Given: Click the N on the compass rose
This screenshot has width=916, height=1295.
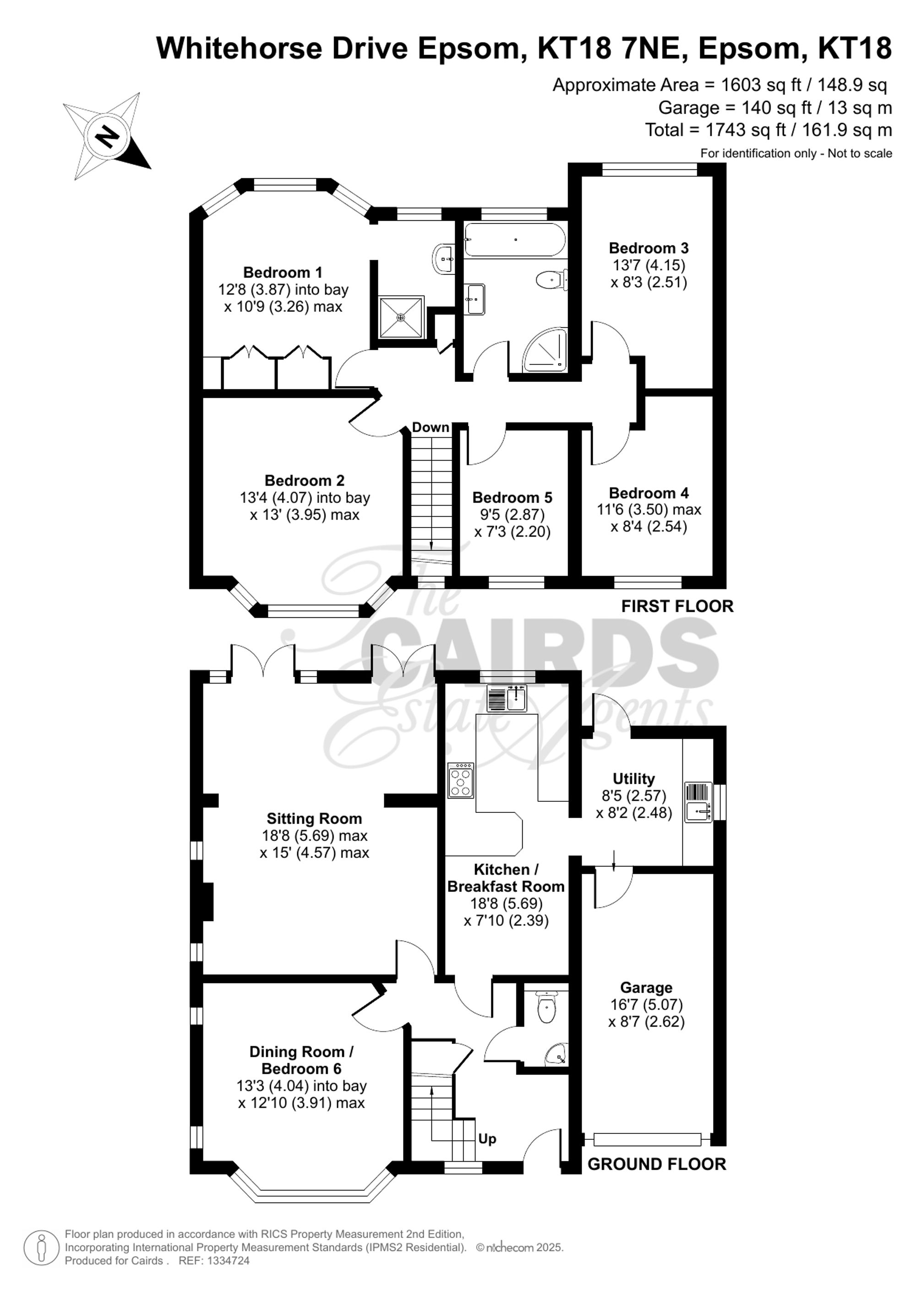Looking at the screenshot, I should point(107,136).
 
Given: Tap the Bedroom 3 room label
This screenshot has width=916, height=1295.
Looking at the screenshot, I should point(649,248).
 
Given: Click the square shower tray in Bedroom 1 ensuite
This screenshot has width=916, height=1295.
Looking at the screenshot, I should point(400,318).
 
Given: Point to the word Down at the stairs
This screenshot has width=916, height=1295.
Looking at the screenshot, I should point(431,428).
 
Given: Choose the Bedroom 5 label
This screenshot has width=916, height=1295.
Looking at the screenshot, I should point(512,497).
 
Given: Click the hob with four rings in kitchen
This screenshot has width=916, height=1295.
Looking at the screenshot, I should point(461,781).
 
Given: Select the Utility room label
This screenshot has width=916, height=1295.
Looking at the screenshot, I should point(633,779).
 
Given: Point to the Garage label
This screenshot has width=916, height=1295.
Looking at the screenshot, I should point(646,988).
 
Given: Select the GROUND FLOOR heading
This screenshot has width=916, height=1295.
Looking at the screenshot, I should point(656,1164).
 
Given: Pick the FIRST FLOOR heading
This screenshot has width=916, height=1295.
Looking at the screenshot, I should point(677,606).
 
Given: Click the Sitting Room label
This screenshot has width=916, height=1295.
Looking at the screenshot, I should point(314,818).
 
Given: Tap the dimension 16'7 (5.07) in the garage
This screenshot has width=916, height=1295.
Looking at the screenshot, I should point(646,1005).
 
